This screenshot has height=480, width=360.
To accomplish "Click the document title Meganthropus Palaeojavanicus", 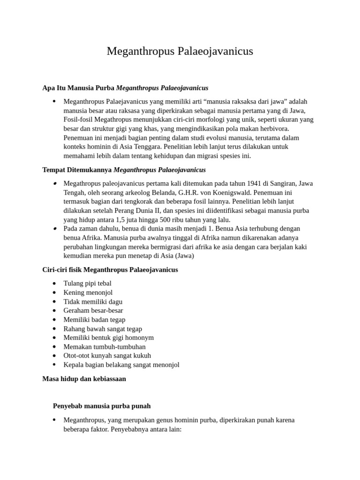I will tap(180, 51).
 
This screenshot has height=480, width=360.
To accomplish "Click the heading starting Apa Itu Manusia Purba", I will tap(125, 88).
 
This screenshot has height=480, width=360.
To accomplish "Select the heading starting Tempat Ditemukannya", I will tap(124, 170).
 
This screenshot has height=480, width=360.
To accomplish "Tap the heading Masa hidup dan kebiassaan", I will tap(84, 379).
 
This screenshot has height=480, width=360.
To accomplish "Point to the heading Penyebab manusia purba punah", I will tap(102, 406).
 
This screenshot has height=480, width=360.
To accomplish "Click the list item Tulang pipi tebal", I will tap(87, 284).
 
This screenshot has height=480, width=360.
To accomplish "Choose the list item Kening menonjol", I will tap(88, 292).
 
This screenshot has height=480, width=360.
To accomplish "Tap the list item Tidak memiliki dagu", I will tap(93, 301).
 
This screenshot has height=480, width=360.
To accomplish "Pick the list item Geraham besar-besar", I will tap(93, 311).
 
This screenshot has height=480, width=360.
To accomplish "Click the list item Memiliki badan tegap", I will tap(94, 320).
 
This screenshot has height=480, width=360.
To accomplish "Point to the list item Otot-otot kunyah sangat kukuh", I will tap(107, 356).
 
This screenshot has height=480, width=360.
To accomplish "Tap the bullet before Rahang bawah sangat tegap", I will tap(55, 329).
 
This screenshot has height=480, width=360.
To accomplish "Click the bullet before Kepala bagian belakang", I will tap(55, 365).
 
